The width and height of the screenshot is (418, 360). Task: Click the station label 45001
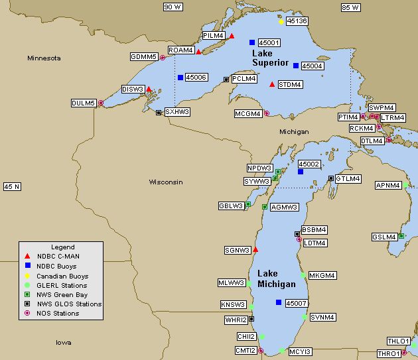coord(269,42)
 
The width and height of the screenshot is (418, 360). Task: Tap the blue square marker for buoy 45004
coord(295,66)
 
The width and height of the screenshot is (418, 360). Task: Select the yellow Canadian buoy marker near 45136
coord(281,22)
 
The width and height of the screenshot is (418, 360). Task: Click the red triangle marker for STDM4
coord(272,84)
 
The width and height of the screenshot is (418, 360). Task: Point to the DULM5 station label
coord(84,103)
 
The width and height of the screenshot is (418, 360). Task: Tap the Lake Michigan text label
coord(276,279)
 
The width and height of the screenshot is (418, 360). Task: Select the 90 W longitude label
coord(173,7)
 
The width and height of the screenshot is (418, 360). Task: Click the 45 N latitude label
coord(13,187)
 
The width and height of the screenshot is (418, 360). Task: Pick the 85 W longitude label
coord(350,7)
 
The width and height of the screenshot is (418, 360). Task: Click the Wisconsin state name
coord(165,182)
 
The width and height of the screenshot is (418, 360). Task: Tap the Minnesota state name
coord(44,58)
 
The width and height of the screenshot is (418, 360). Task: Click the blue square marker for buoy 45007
coord(278,302)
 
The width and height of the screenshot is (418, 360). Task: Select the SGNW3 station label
coord(238,250)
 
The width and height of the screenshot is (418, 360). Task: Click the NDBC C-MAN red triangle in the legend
coord(27,257)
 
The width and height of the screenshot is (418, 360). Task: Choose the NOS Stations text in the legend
coord(58,313)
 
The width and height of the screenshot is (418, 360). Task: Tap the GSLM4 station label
coord(383,237)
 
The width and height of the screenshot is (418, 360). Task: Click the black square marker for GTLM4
coord(330,178)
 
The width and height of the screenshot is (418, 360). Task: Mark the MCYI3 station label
coord(300,351)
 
